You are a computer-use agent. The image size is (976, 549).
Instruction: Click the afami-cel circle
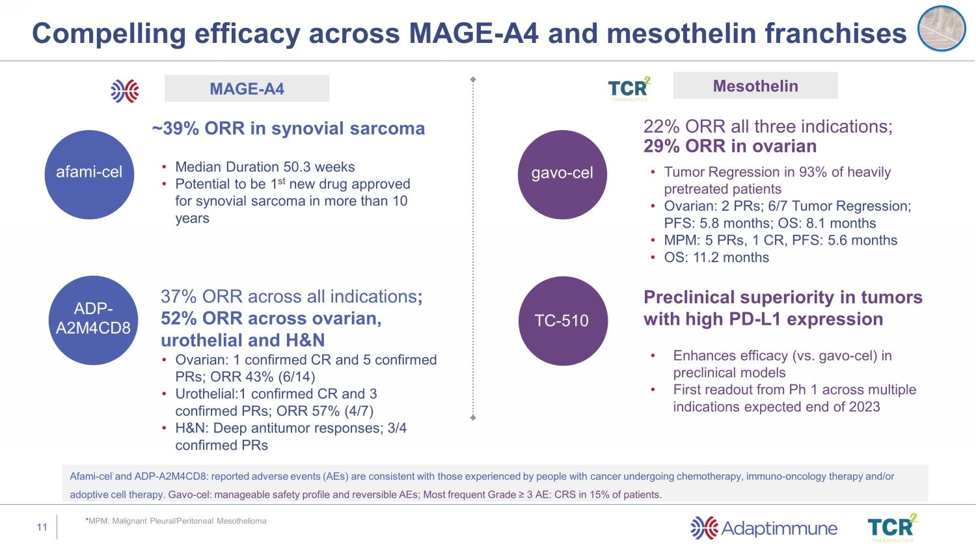pyautogui.click(x=89, y=174)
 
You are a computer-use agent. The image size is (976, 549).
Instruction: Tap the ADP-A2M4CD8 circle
pyautogui.click(x=93, y=320)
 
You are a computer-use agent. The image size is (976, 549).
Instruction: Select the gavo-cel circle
pyautogui.click(x=562, y=174)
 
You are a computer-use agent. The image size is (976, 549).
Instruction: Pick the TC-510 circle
pyautogui.click(x=562, y=321)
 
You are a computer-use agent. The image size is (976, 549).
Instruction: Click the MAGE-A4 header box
pyautogui.click(x=247, y=88)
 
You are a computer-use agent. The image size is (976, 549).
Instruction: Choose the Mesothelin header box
pyautogui.click(x=755, y=86)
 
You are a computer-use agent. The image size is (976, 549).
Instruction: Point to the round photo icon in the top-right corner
pyautogui.click(x=941, y=29)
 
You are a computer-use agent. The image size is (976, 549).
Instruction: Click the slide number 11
pyautogui.click(x=42, y=528)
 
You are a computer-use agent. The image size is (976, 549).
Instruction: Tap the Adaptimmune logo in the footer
pyautogui.click(x=764, y=528)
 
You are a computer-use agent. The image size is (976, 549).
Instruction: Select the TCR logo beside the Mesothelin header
pyautogui.click(x=629, y=88)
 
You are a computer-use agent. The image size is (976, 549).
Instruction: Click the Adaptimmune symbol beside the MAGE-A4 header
pyautogui.click(x=125, y=91)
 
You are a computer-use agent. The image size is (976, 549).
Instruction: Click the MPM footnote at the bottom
pyautogui.click(x=176, y=521)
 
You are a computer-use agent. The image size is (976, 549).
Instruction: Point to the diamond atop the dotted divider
pyautogui.click(x=473, y=79)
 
